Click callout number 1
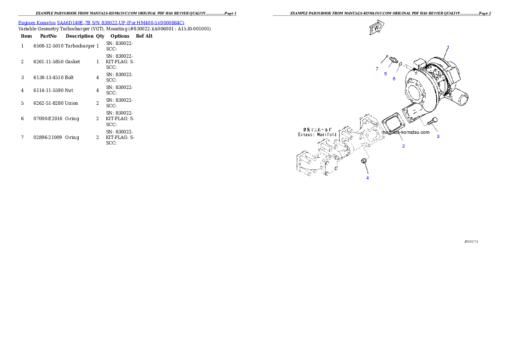point(448,47)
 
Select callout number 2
point(403,146)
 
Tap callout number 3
point(438,137)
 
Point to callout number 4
point(367,178)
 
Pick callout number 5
point(385,74)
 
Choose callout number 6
point(394,79)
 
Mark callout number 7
point(377,69)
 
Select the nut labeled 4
point(364,161)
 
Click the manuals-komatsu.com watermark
point(405,132)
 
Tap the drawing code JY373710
point(471,242)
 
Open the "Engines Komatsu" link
point(37,23)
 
